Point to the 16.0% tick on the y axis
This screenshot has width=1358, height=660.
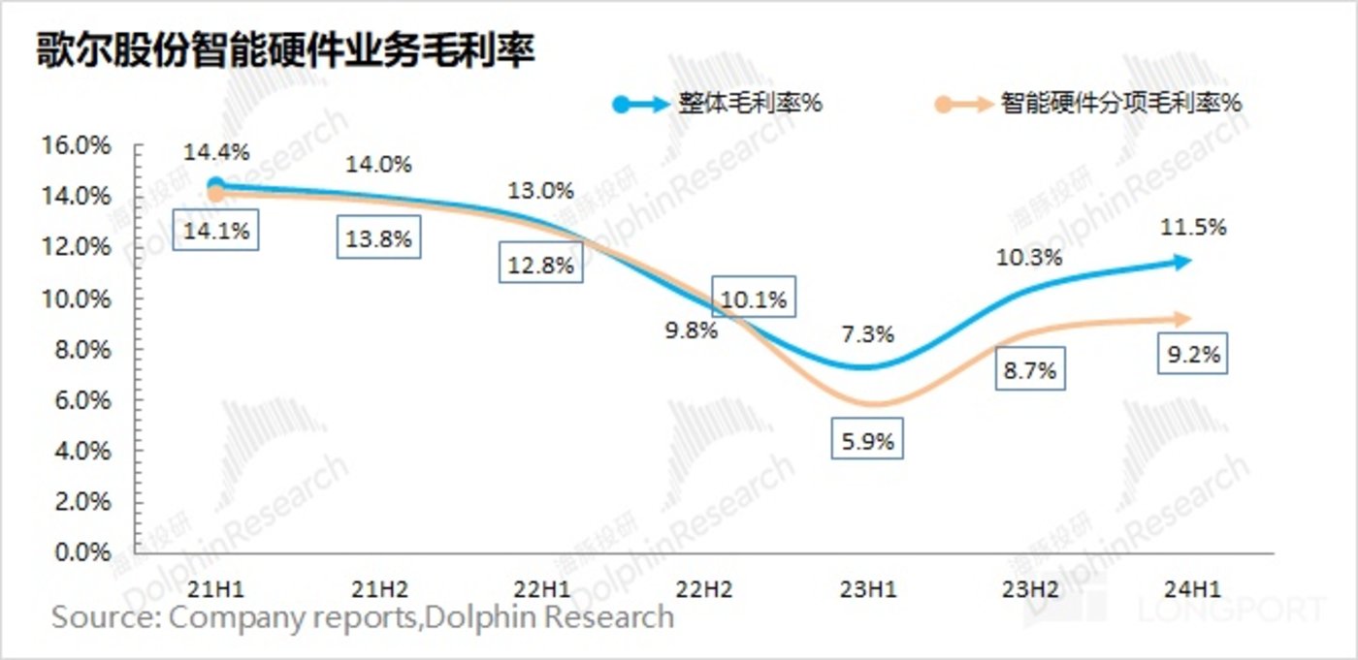[75, 145]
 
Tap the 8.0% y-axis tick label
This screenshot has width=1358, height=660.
[80, 349]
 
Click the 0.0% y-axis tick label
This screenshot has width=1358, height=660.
[80, 552]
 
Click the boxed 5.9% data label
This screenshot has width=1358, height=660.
[868, 442]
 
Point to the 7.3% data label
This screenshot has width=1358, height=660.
[868, 335]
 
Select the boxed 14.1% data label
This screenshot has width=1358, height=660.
[215, 232]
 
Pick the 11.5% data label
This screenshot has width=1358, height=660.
[1191, 228]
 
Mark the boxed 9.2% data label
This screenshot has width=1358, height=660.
[1190, 355]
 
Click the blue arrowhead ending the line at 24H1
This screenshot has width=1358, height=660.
[1182, 261]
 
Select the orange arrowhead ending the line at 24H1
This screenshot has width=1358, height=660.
[1182, 318]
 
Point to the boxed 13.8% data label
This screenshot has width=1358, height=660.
[378, 238]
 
